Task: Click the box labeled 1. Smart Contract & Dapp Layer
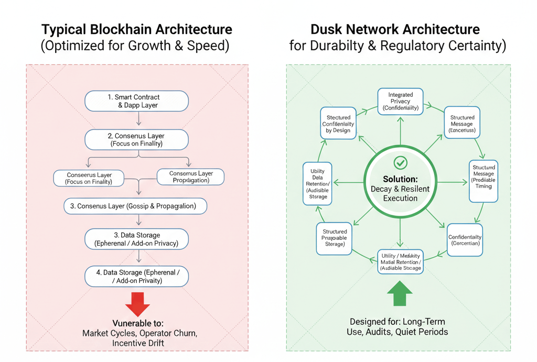point(136,101)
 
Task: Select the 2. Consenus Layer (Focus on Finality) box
point(136,139)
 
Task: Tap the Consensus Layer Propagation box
point(191,177)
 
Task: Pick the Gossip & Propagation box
point(135,206)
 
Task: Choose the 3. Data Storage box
point(136,239)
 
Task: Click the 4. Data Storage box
point(136,276)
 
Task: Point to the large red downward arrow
point(138,304)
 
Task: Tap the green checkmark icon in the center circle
point(400,162)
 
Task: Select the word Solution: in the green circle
point(400,179)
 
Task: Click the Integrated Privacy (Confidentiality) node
point(400,102)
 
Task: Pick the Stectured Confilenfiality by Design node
point(338,124)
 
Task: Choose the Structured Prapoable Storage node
point(334,238)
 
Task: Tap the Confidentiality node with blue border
point(465,240)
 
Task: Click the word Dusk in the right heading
point(327,29)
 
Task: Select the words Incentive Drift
point(138,343)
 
